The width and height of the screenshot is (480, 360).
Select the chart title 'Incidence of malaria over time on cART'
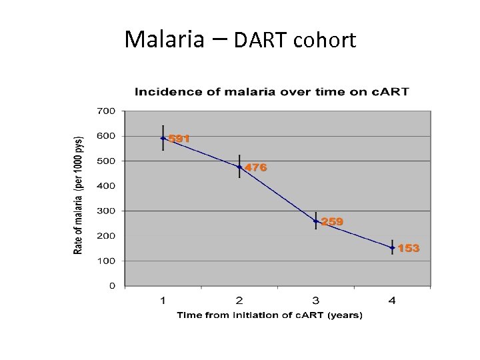[x=272, y=91]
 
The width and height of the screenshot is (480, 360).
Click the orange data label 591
[x=179, y=139]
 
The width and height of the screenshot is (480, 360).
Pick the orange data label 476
[x=256, y=168]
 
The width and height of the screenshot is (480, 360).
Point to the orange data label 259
[x=332, y=221]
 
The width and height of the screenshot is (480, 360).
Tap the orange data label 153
[x=409, y=248]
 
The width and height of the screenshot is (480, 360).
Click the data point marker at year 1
[x=163, y=138]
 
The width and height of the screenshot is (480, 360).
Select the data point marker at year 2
[x=239, y=167]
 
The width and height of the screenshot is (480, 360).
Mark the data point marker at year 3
[x=316, y=221]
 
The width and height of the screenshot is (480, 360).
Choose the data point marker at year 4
[x=392, y=247]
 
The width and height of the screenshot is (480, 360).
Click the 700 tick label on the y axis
[x=107, y=111]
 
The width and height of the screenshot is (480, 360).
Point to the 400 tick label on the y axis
[x=107, y=186]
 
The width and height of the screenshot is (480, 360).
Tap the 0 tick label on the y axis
[x=112, y=286]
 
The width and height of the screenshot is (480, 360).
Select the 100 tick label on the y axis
[x=107, y=261]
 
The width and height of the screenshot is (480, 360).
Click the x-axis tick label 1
[x=163, y=301]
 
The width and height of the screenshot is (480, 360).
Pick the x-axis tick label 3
[x=316, y=301]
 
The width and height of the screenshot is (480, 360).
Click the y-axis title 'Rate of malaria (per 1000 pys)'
[x=79, y=195]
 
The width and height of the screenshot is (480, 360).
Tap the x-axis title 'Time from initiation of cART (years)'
[x=269, y=315]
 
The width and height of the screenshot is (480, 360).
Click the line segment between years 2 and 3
[x=277, y=194]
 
